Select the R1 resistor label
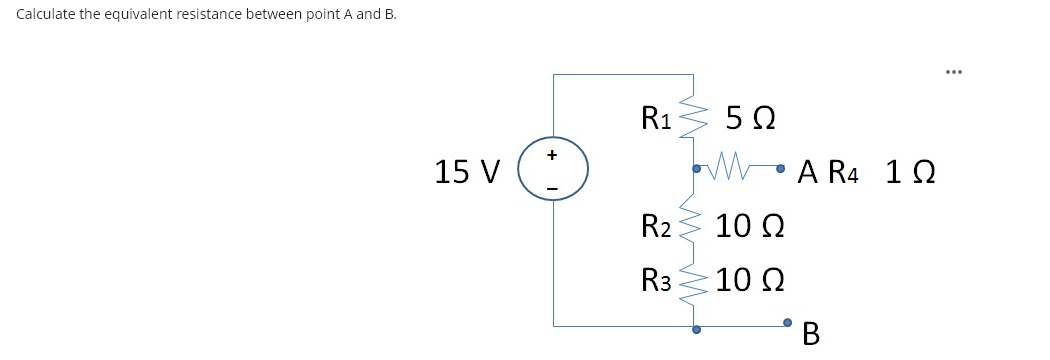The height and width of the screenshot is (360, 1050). pyautogui.click(x=656, y=119)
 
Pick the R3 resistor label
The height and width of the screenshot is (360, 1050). pyautogui.click(x=657, y=279)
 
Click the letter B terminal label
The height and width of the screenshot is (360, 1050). pyautogui.click(x=810, y=332)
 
